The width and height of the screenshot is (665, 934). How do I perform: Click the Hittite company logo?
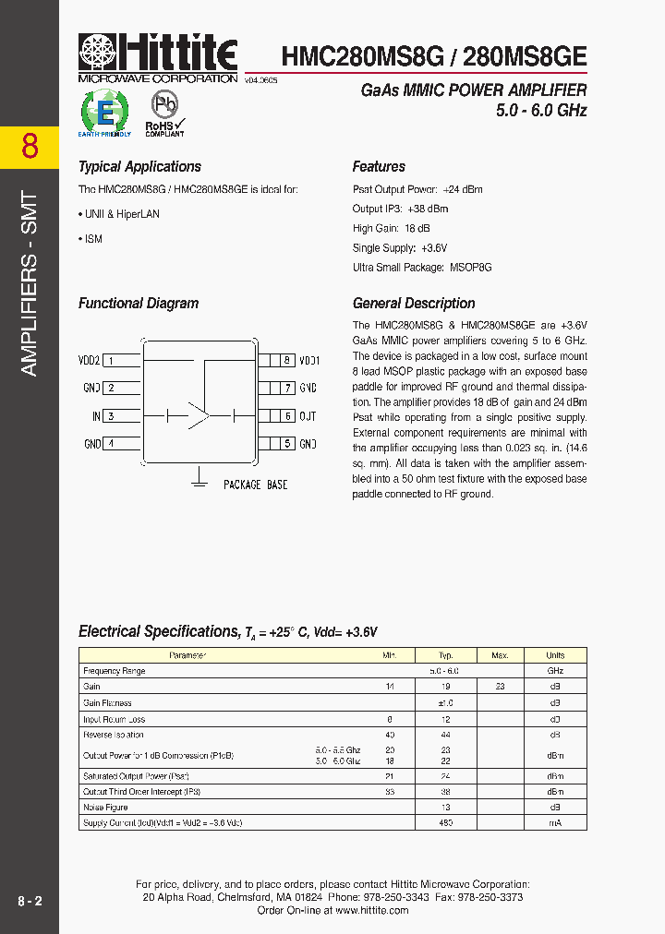coord(158,57)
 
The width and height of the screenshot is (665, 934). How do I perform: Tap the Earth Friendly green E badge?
coord(105,114)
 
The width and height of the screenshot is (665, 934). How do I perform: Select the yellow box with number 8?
coord(30,147)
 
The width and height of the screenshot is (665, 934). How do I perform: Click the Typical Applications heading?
coord(139,167)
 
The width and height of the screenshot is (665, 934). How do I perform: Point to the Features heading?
coord(379,167)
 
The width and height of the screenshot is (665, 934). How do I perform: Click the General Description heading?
coord(414,304)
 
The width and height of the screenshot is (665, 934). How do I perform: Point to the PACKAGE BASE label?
coord(256,485)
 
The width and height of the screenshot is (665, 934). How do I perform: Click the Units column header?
coord(555,655)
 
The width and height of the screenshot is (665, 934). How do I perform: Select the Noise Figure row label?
coord(106,807)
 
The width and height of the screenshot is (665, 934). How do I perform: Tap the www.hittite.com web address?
coord(371,910)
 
